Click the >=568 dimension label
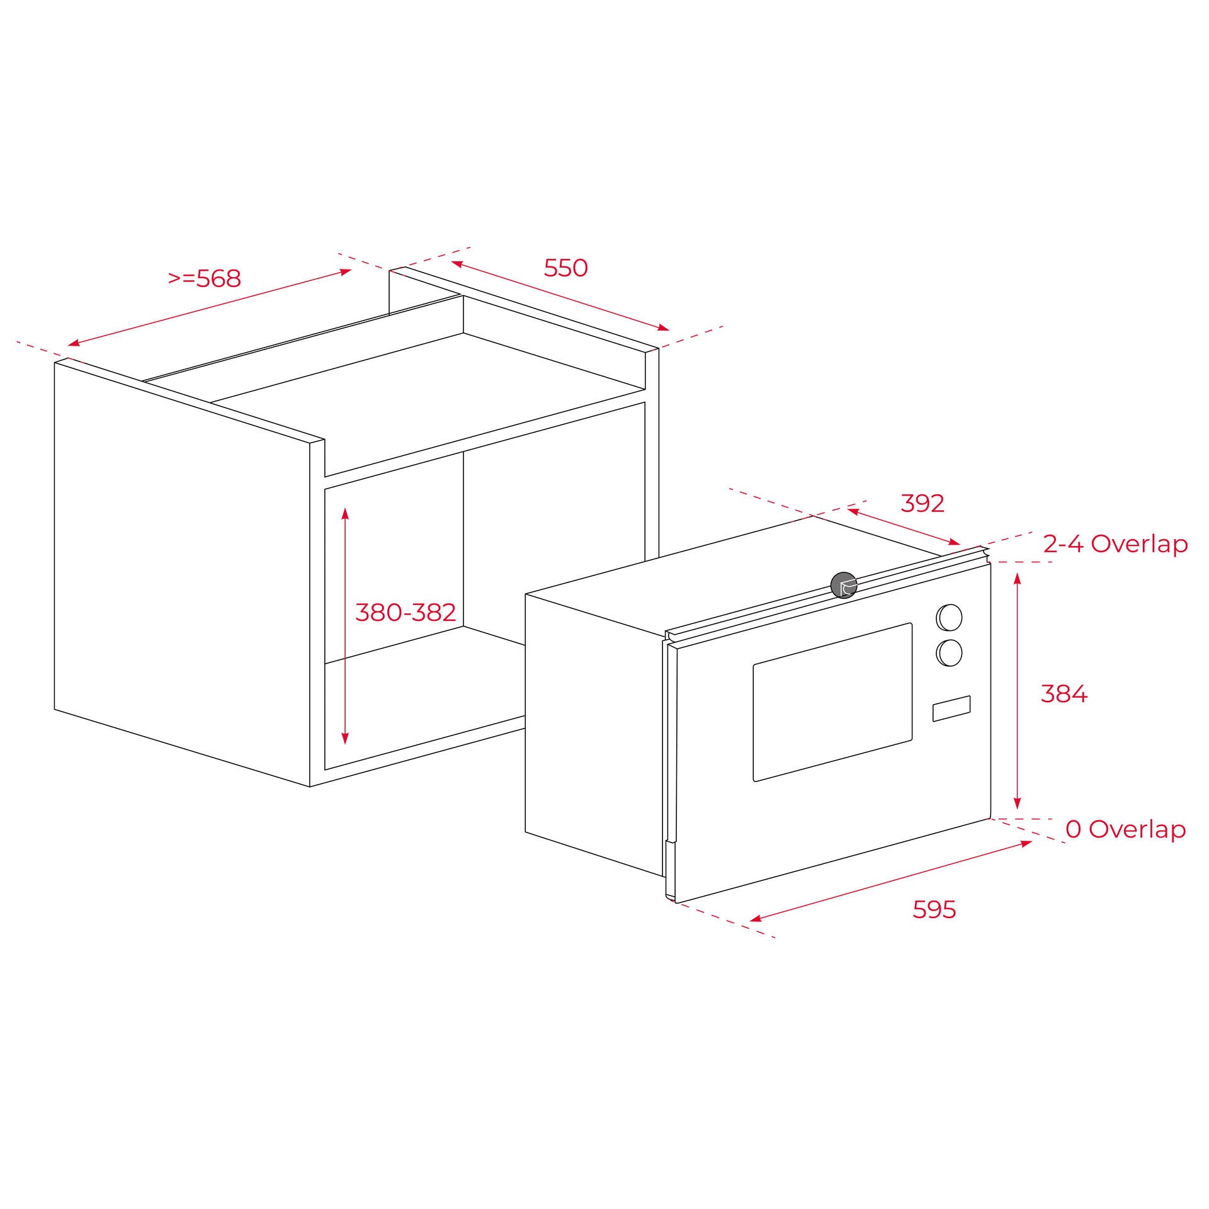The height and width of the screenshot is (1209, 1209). (x=205, y=278)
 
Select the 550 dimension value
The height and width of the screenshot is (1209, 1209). (x=565, y=268)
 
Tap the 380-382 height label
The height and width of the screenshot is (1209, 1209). (x=406, y=612)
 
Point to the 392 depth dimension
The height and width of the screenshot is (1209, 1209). (x=922, y=503)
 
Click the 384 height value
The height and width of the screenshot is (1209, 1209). (x=1064, y=694)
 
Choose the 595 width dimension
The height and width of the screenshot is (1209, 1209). (x=934, y=909)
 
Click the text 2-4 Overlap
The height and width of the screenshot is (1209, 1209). (x=1115, y=544)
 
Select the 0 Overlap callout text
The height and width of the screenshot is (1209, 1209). (x=1125, y=829)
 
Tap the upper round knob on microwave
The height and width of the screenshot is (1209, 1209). (x=950, y=617)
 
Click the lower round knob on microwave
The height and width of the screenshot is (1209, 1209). (x=950, y=653)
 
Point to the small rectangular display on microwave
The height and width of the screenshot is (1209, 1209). (x=951, y=708)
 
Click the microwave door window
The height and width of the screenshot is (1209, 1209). (x=832, y=702)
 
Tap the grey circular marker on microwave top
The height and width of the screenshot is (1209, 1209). (x=844, y=585)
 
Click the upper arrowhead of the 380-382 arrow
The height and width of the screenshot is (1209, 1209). (x=345, y=511)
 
